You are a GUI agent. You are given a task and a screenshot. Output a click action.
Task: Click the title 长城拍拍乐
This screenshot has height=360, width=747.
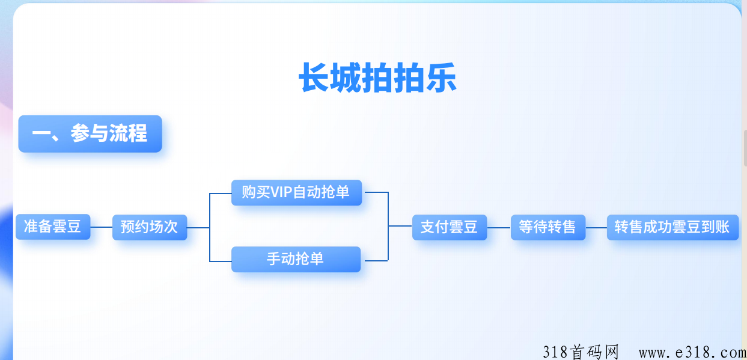377,78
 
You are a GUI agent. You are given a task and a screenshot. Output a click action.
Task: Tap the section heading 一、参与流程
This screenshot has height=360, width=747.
90,133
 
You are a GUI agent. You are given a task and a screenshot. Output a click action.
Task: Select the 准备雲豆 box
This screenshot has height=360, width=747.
53,227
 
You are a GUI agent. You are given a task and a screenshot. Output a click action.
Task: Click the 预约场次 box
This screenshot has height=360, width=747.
150,227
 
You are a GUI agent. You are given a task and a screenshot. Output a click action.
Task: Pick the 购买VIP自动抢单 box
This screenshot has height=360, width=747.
296,192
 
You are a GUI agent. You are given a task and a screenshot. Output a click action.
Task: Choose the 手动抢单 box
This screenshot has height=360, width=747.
296,259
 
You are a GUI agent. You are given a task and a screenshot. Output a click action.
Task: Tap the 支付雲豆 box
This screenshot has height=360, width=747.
450,227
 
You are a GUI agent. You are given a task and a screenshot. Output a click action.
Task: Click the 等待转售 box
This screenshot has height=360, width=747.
548,227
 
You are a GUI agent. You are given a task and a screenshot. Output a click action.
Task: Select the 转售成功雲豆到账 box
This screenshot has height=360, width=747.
672,227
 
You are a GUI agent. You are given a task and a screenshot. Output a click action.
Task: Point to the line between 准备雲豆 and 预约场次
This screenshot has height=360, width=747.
102,227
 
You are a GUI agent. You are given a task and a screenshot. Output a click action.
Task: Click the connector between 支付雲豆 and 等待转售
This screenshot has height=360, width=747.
499,228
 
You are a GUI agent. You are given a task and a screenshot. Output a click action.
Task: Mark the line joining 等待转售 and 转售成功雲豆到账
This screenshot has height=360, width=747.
596,228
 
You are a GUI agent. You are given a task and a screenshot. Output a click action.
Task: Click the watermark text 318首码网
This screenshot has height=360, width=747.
581,352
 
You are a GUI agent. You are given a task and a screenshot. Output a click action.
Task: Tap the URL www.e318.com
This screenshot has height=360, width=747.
692,353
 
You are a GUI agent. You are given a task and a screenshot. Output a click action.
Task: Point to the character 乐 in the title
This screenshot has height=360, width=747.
441,78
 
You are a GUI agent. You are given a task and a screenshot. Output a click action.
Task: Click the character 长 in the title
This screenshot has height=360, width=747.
314,78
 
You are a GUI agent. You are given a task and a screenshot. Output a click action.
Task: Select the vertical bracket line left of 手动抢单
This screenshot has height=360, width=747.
210,227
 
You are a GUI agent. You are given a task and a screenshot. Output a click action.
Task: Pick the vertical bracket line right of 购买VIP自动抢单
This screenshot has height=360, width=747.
388,226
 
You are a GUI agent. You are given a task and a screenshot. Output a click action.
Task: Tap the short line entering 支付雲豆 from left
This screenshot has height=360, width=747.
400,226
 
